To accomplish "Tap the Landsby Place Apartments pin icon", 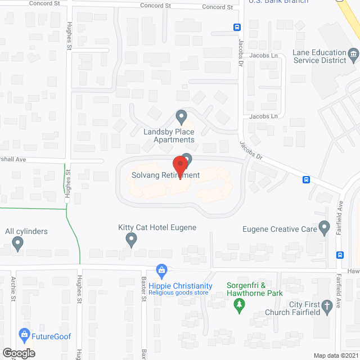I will [181, 117].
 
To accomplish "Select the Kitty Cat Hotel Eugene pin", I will [132, 240].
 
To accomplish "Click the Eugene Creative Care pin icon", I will [324, 227].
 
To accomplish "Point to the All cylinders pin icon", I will [17, 244].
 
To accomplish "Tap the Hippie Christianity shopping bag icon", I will [162, 271].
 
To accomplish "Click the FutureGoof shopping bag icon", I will [24, 335].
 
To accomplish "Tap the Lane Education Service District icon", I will [354, 55].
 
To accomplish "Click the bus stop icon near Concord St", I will [237, 26].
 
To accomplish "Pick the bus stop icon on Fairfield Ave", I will [340, 254].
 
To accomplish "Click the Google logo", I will [19, 353].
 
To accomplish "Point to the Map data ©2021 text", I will [335, 355].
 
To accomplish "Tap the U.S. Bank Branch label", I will [278, 2].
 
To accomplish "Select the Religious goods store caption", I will [179, 293].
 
